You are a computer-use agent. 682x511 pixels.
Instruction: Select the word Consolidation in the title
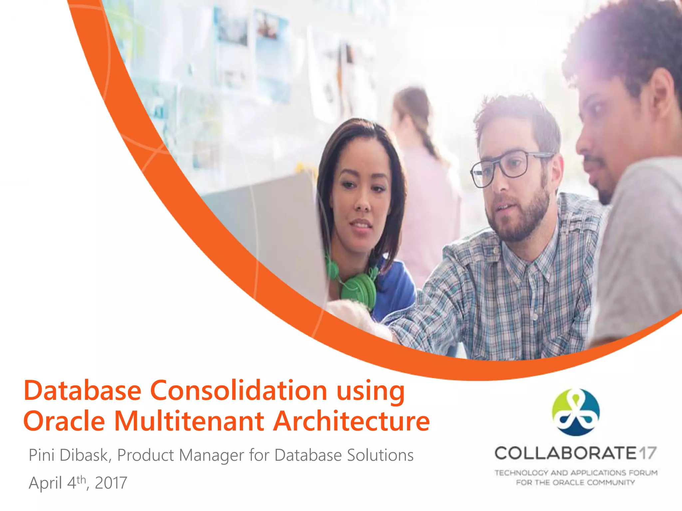(238, 391)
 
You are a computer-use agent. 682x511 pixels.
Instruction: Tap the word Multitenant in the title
(189, 421)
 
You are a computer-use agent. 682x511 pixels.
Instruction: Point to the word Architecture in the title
(352, 421)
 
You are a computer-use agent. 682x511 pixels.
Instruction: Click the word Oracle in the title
(64, 421)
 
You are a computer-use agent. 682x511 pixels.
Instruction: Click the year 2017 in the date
(111, 483)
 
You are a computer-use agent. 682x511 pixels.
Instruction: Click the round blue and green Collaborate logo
(575, 412)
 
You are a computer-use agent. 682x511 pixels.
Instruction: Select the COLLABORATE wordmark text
(565, 453)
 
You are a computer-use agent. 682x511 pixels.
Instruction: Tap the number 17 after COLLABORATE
(648, 453)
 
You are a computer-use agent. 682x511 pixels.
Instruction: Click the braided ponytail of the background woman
(430, 143)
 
